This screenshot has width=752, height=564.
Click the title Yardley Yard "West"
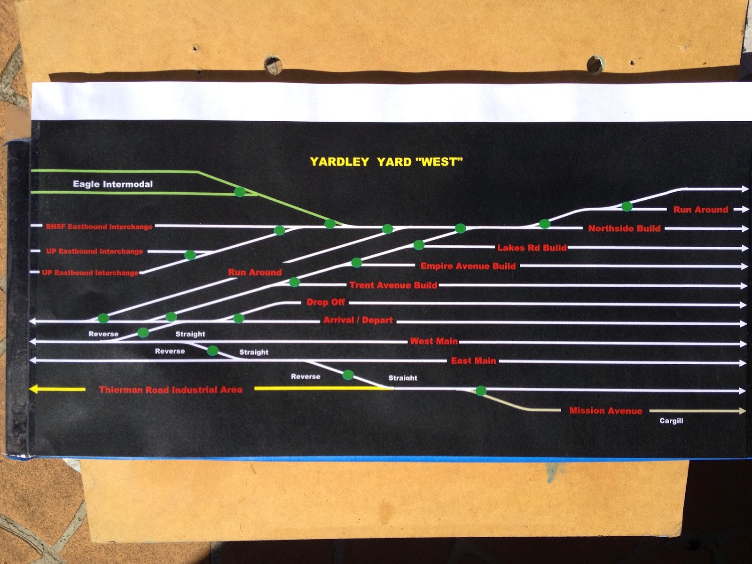386,162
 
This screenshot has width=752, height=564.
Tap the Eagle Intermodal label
113,184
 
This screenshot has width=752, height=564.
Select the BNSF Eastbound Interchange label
99,227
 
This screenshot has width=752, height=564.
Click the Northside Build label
624,229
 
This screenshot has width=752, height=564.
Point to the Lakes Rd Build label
532,248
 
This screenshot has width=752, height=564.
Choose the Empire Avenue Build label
468,266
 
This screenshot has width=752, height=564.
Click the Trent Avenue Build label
393,285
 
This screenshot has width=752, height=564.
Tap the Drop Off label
326,302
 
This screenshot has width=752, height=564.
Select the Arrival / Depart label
358,321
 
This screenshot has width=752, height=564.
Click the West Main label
433,341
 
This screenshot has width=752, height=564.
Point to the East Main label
473,361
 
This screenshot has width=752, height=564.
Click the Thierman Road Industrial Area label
171,390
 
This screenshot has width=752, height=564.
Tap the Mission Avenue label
605,411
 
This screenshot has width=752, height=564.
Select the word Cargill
671,421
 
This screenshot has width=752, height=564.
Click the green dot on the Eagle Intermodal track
240,192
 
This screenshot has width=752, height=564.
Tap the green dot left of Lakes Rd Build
419,245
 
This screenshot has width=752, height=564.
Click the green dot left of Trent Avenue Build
294,282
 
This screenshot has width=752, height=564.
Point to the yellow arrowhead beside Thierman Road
34,390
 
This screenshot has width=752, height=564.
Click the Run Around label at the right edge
700,210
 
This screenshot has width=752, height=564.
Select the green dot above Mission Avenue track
480,391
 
